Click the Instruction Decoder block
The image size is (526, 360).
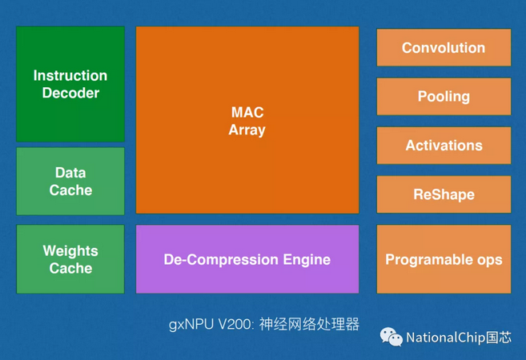point(70,84)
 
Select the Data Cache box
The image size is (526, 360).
point(70,181)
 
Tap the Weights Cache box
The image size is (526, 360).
point(70,259)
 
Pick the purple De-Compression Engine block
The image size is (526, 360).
point(247,259)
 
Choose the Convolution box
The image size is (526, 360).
point(444,48)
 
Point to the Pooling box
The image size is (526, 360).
point(444,97)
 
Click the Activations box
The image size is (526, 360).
point(444,146)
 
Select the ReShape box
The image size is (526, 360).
point(444,194)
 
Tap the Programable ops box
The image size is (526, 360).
point(444,259)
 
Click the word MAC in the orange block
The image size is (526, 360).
point(247,112)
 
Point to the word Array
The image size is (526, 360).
point(247,130)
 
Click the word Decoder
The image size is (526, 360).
point(70,94)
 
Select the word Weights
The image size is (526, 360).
point(70,250)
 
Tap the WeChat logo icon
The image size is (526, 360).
point(391,337)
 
